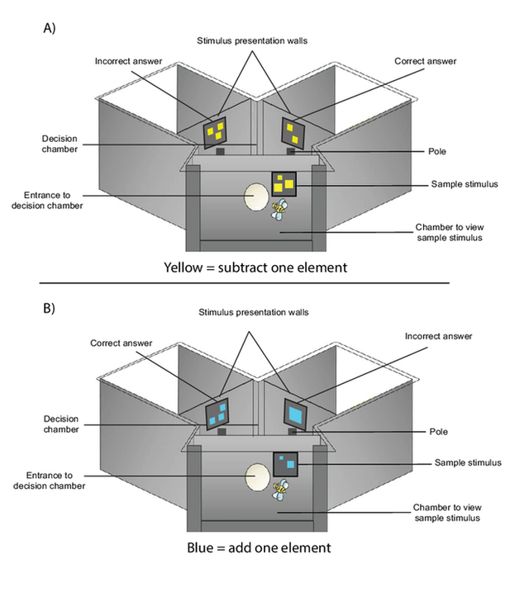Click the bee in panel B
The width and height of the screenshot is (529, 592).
(x=283, y=493)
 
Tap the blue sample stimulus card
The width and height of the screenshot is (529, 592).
(x=285, y=465)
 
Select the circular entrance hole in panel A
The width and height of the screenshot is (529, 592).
(x=256, y=197)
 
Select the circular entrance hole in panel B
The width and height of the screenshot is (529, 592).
(x=256, y=478)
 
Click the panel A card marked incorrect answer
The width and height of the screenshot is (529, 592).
(x=217, y=130)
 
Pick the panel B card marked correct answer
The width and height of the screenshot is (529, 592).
(x=218, y=413)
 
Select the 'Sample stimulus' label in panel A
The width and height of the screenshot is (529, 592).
(x=460, y=184)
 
